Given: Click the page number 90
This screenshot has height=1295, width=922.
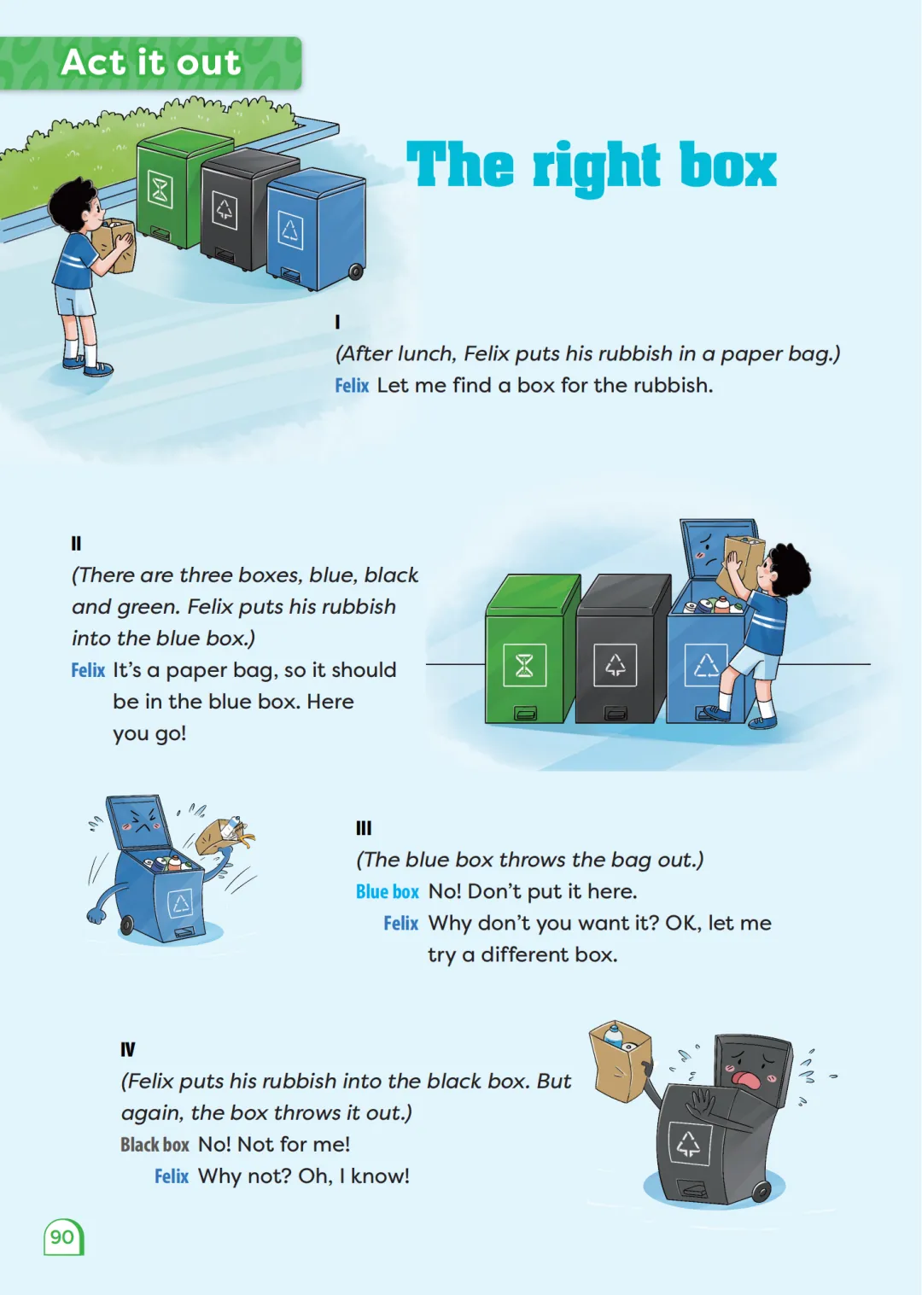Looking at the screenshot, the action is tap(62, 1237).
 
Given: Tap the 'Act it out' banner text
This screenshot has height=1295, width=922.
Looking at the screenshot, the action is tap(151, 61).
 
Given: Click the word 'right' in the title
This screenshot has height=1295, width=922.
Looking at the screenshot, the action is tap(596, 167).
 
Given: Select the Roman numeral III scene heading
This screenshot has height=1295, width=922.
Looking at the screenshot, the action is tap(364, 828).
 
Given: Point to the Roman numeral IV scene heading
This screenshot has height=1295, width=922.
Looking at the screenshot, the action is tap(128, 1049).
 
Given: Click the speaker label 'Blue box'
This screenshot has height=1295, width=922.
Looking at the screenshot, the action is tap(388, 891).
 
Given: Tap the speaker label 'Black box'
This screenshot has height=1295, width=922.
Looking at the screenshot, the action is tap(155, 1145).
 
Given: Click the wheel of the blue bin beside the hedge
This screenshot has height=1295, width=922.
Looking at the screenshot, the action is tap(355, 271).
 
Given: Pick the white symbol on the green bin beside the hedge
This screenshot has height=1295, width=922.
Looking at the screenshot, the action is tap(160, 189).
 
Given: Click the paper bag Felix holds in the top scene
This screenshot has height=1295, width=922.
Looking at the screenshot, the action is tap(114, 245).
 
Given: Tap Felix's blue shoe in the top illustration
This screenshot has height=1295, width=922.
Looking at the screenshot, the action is tap(97, 368).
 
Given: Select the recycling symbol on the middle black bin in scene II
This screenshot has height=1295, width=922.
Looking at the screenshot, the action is tap(615, 665).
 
